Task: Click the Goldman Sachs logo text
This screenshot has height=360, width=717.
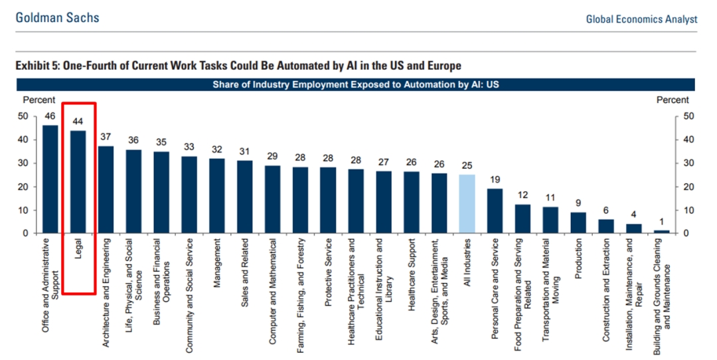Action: (58, 18)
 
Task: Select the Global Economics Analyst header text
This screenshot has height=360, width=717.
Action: (641, 19)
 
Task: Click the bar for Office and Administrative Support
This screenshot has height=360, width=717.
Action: (50, 179)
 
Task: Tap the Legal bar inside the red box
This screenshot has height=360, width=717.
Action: (78, 182)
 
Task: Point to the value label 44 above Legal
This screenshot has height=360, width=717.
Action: (78, 122)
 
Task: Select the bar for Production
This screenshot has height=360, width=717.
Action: (579, 223)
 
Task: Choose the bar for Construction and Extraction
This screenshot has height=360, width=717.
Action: (606, 226)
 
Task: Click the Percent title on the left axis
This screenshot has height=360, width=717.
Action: (39, 100)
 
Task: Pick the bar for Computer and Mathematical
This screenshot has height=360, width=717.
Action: (273, 199)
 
